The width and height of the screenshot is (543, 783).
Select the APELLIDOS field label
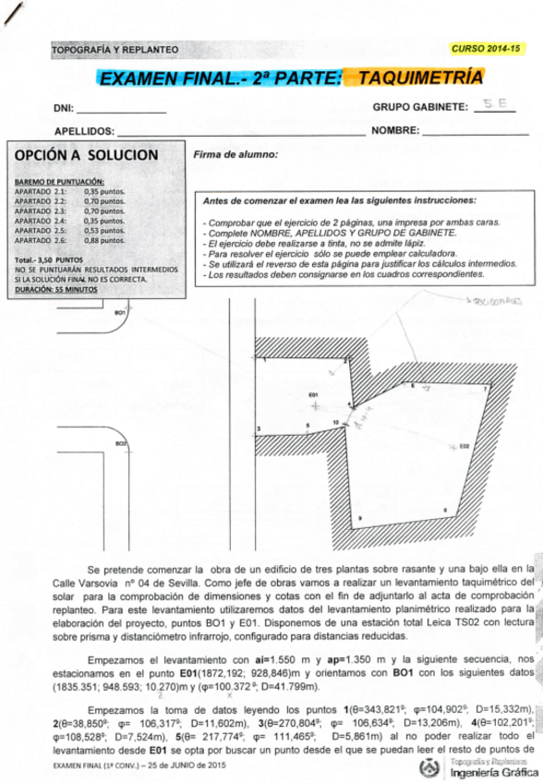pyautogui.click(x=84, y=132)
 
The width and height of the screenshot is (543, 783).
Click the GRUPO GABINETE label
pyautogui.click(x=420, y=107)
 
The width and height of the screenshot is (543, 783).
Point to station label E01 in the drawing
pyautogui.click(x=313, y=394)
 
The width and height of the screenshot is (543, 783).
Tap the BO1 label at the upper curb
pyautogui.click(x=119, y=313)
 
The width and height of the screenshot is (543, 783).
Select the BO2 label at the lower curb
pyautogui.click(x=121, y=444)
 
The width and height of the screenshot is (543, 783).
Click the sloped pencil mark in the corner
pyautogui.click(x=11, y=13)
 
